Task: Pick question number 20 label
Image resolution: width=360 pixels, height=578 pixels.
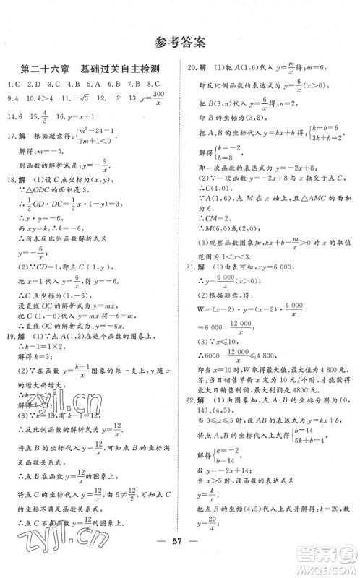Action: (x=192, y=69)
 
